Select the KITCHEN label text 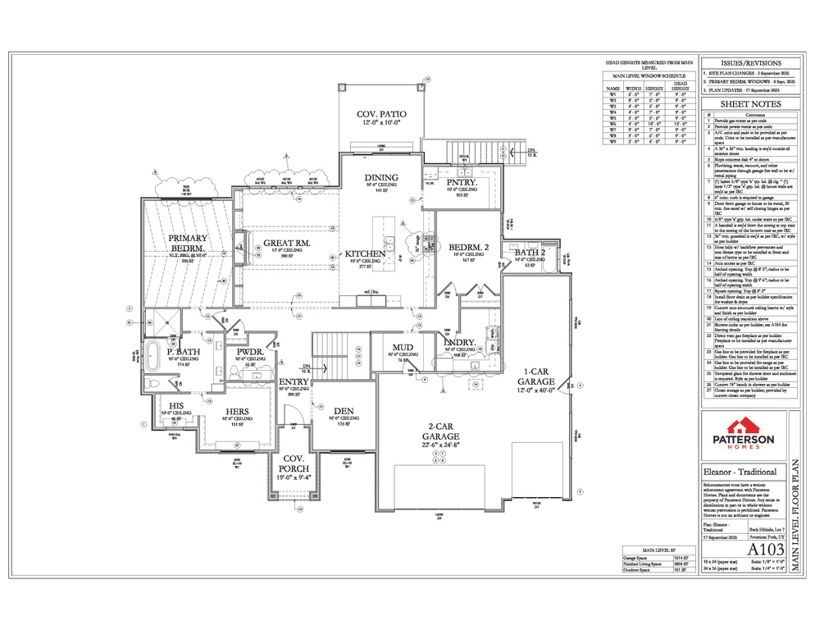click(365, 253)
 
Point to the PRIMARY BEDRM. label click(189, 244)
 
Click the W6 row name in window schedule click(611, 123)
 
